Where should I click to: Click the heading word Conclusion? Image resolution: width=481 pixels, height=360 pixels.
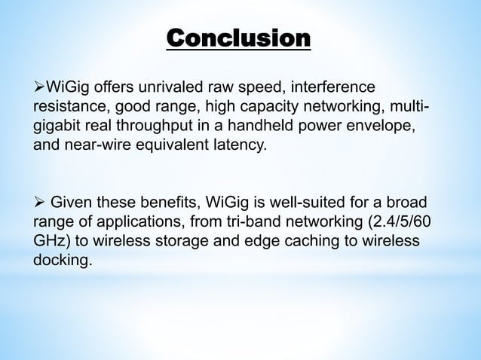[237, 38]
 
